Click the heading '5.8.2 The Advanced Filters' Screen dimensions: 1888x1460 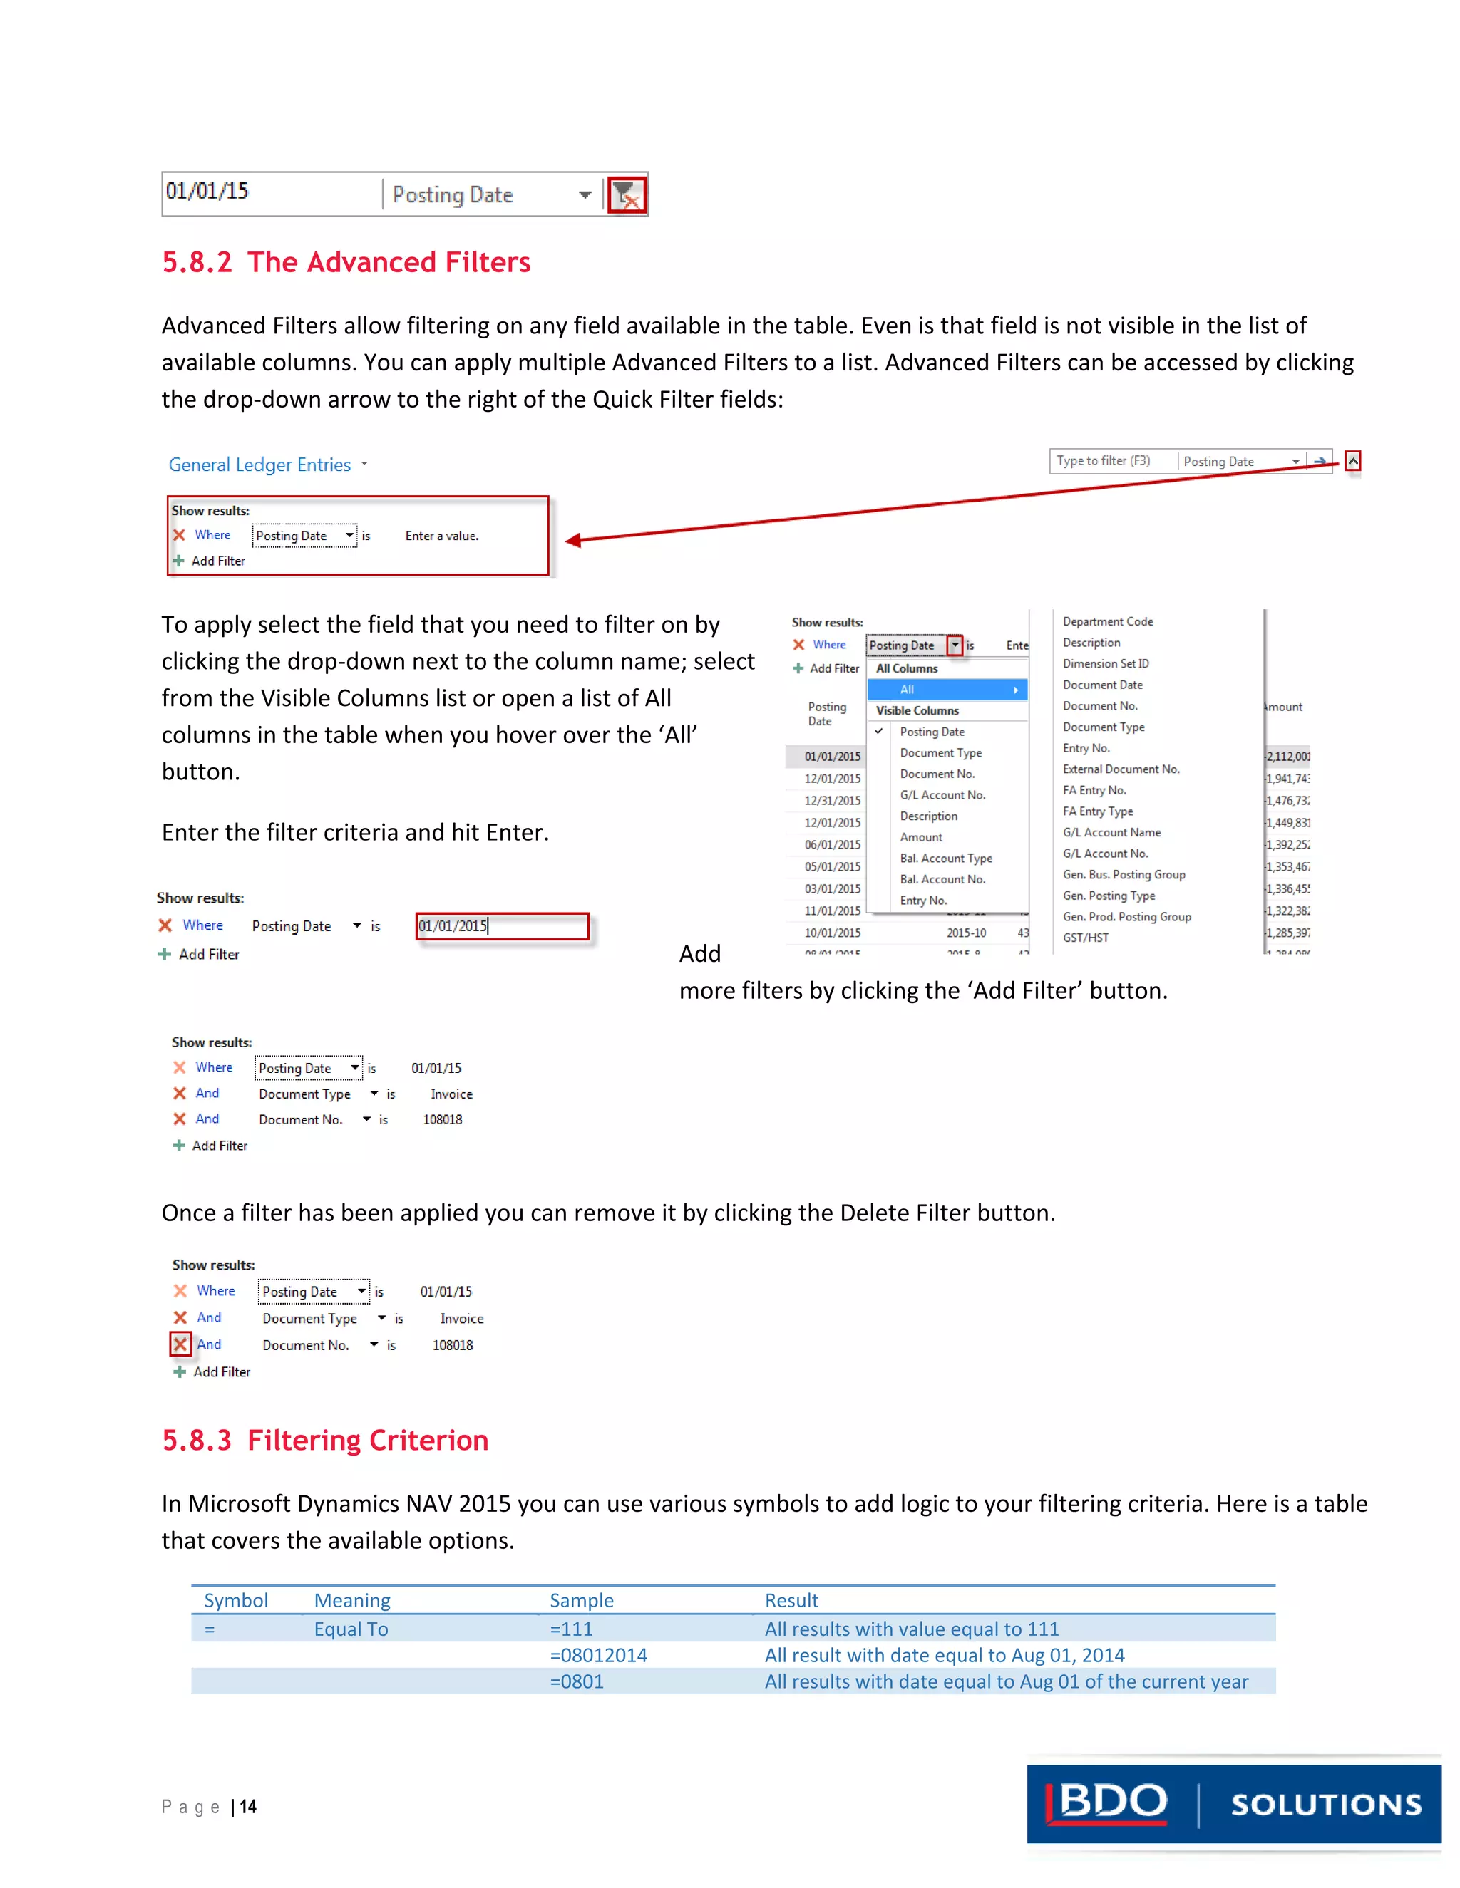click(x=346, y=262)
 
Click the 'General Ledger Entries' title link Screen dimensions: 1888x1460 click(x=259, y=465)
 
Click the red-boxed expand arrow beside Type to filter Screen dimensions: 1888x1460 click(x=1353, y=461)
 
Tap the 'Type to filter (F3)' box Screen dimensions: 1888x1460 click(x=1111, y=461)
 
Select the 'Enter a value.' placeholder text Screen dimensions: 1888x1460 click(x=441, y=536)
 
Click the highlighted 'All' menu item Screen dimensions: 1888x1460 click(x=946, y=690)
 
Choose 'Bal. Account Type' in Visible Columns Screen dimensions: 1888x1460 click(x=945, y=859)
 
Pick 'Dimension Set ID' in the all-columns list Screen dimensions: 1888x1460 click(x=1106, y=664)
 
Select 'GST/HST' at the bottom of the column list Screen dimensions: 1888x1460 click(x=1086, y=938)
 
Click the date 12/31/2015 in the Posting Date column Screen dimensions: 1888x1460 click(x=832, y=801)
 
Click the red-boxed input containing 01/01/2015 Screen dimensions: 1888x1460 click(x=502, y=926)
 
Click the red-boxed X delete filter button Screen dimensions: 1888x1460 click(x=180, y=1344)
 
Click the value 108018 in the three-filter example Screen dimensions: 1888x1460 click(x=442, y=1119)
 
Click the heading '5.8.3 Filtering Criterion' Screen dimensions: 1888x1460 click(x=325, y=1440)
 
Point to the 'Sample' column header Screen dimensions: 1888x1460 click(x=581, y=1600)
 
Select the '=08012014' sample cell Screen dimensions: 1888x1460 click(x=599, y=1656)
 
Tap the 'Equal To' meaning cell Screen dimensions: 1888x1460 click(x=350, y=1629)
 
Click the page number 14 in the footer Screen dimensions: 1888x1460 click(x=248, y=1807)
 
